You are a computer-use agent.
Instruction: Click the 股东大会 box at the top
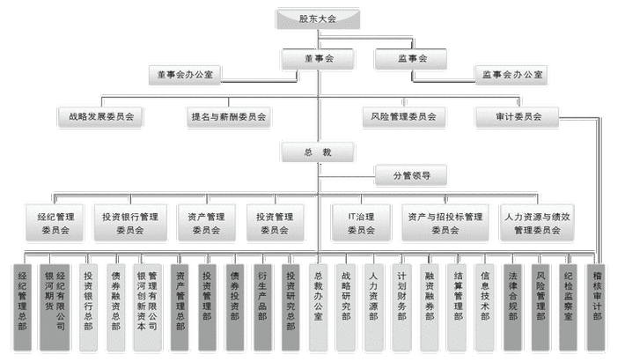[318, 18]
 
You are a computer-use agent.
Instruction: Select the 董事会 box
[318, 58]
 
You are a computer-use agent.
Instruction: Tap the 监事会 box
[411, 58]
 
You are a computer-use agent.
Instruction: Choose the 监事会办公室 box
[513, 75]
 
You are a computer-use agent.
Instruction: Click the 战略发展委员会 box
[100, 115]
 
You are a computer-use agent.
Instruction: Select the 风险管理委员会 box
[404, 115]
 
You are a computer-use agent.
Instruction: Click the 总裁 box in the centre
[319, 151]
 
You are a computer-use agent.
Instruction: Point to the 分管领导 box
[411, 175]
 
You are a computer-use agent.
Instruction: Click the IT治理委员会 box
[360, 222]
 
